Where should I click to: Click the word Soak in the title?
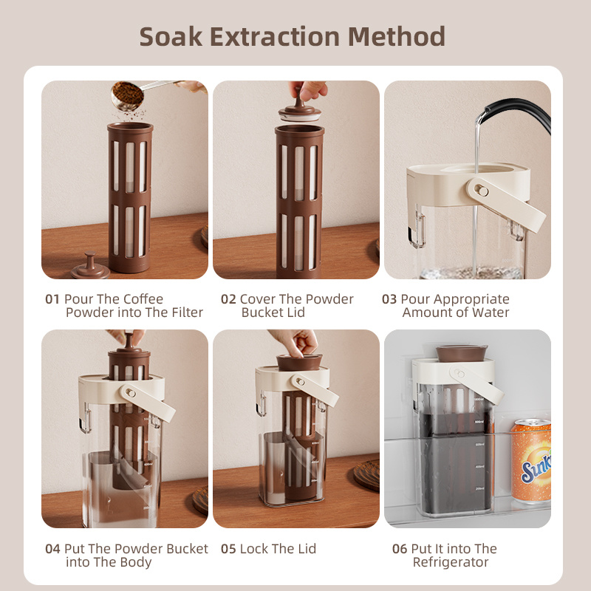coord(171,36)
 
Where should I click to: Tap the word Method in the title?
coord(396,36)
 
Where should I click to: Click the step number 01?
coord(52,299)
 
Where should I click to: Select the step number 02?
coord(228,299)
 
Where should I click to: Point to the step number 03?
coord(389,299)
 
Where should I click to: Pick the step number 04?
coord(52,549)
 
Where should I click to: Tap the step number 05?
coord(228,549)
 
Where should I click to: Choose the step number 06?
coord(400,549)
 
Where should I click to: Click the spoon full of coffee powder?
coord(128,95)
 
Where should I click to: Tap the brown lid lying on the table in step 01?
coord(90,267)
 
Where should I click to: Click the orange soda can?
coord(531,461)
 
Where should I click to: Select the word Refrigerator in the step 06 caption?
coord(451,562)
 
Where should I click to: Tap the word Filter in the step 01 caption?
coord(188,312)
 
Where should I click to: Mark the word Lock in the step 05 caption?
coord(254,549)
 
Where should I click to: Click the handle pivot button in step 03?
coord(481,191)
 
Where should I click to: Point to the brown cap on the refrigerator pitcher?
coord(461,353)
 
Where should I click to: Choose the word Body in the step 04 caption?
coord(137,563)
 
